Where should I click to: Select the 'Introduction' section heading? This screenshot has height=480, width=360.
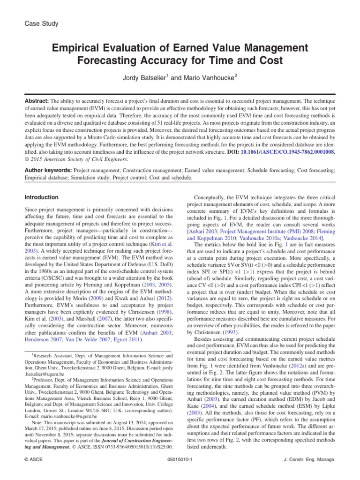pos(42,197)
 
